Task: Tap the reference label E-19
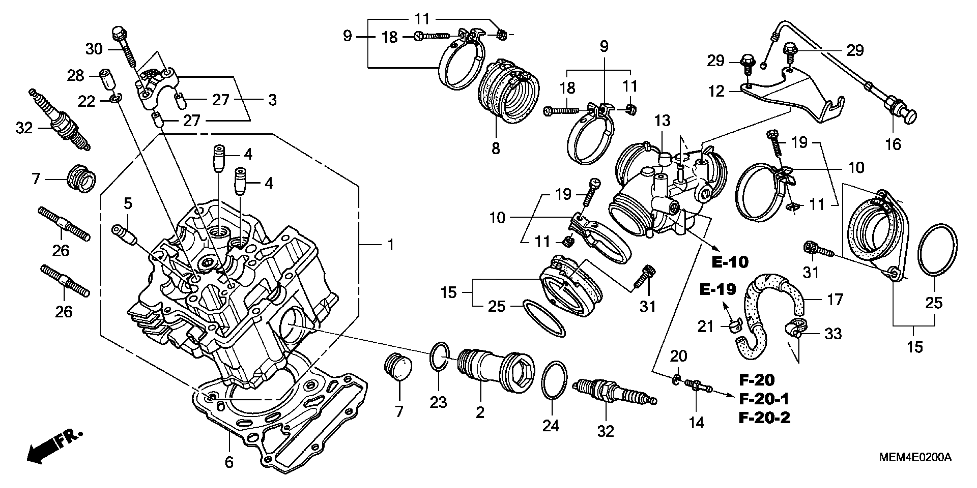(717, 290)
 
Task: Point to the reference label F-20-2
(765, 418)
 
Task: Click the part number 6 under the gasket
(229, 462)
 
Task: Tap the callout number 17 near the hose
(834, 300)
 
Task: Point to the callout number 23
(438, 403)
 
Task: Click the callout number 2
(480, 412)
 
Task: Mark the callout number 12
(716, 91)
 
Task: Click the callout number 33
(833, 334)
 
